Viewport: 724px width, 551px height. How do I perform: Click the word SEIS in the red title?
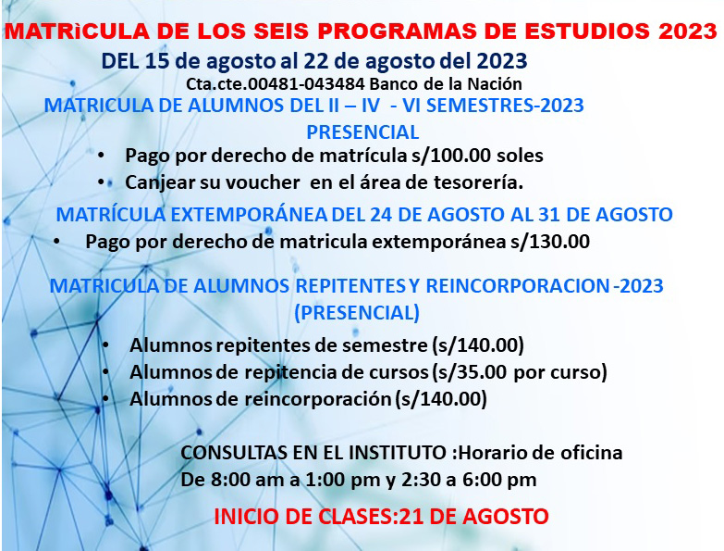[x=281, y=31]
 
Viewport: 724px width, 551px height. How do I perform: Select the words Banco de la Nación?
[x=446, y=84]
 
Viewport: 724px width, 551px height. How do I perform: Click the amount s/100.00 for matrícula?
[x=451, y=156]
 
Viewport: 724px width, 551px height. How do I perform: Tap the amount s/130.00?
[x=550, y=242]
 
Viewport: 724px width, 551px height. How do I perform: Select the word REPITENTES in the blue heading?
[x=350, y=286]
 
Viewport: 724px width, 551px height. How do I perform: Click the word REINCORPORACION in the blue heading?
[x=518, y=286]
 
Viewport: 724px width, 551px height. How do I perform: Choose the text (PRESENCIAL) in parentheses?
[x=357, y=313]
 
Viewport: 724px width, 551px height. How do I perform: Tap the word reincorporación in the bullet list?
[x=318, y=399]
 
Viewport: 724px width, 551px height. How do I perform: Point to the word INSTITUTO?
[x=397, y=453]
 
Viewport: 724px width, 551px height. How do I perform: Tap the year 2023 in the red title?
[x=688, y=31]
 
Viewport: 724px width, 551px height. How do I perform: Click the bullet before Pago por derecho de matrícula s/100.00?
[x=101, y=156]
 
